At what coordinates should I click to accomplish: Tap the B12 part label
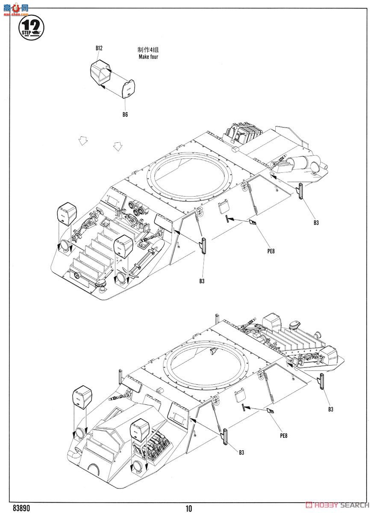(99, 48)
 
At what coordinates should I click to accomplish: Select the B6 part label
(125, 115)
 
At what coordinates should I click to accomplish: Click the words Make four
(148, 56)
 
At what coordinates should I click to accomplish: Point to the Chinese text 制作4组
(148, 50)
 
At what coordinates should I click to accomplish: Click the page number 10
(189, 508)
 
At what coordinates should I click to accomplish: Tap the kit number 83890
(21, 508)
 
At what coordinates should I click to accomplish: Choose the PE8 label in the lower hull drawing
(283, 436)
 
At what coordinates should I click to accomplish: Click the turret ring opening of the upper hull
(191, 175)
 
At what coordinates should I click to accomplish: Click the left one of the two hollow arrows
(84, 141)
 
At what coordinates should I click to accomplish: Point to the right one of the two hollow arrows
(118, 146)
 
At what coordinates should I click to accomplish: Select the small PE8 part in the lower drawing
(270, 411)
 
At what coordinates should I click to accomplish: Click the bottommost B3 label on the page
(241, 452)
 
